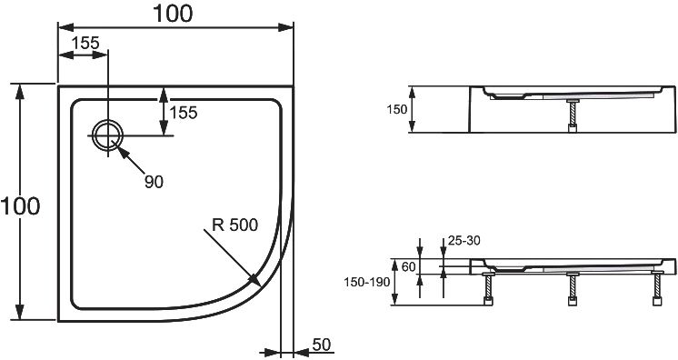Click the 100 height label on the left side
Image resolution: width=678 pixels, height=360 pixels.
pos(20,205)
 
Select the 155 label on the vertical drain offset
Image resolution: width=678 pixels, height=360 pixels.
pos(184,113)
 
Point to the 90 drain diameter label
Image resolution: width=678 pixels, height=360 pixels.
pos(154,182)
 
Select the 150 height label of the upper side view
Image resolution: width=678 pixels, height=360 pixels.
pos(396,110)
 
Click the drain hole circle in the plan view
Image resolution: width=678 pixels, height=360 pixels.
pos(108,135)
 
